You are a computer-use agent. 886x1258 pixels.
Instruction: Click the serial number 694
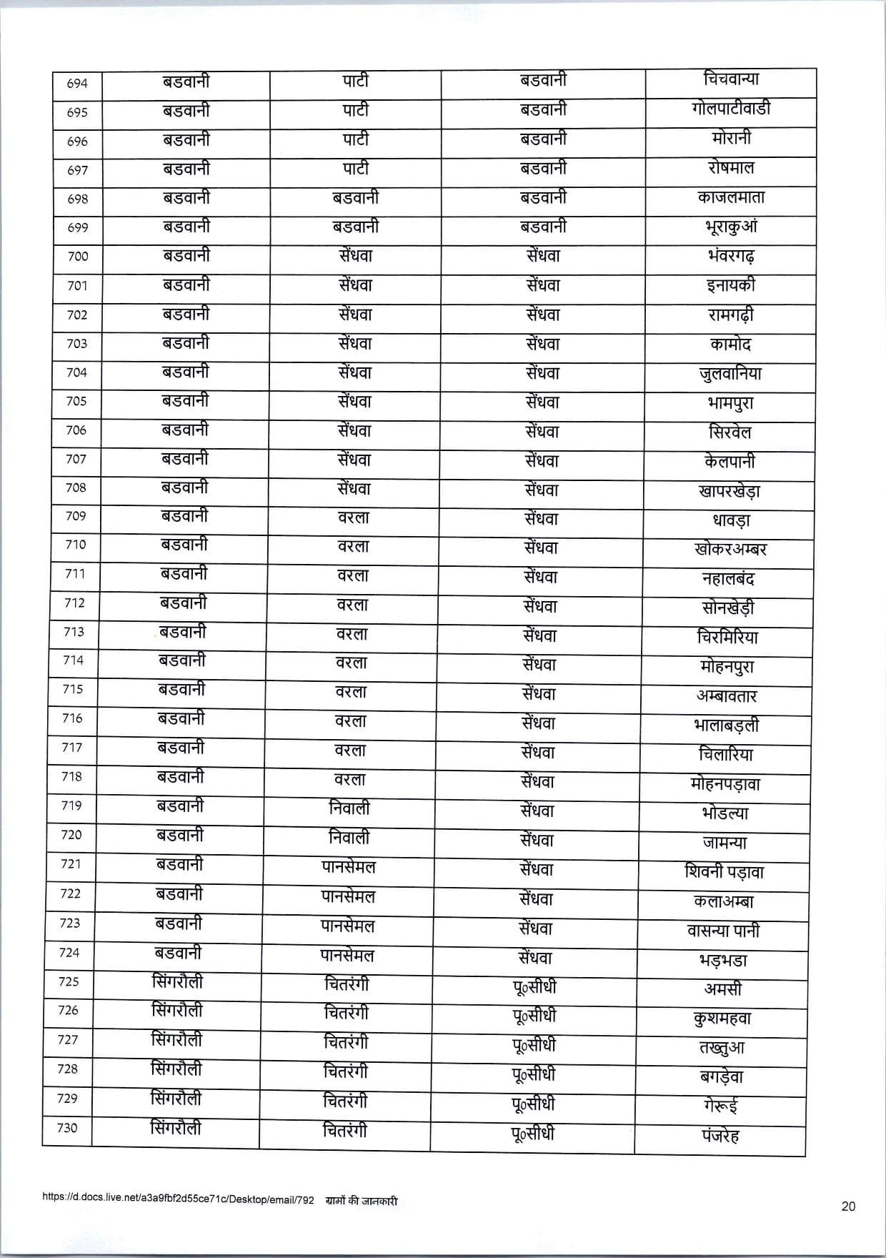[x=77, y=84]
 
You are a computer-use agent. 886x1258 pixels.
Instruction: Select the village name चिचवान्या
[x=730, y=80]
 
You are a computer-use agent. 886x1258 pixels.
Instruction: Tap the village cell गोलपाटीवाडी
[x=730, y=109]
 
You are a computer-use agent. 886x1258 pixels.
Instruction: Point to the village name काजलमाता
[x=730, y=197]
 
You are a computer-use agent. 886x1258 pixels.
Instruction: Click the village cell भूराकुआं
[x=730, y=227]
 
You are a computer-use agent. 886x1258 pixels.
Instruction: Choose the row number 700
[x=77, y=257]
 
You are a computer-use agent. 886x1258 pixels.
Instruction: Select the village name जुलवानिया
[x=730, y=373]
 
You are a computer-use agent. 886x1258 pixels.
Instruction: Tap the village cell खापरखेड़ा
[x=729, y=491]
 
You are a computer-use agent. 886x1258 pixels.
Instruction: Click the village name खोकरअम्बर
[x=730, y=550]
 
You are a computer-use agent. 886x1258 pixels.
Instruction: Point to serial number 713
[x=74, y=632]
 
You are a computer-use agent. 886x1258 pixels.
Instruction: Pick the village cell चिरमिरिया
[x=727, y=637]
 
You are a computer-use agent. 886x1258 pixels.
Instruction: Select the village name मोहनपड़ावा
[x=726, y=784]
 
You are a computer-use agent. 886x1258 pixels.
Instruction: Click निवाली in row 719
[x=349, y=808]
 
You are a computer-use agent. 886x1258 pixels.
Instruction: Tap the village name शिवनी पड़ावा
[x=725, y=872]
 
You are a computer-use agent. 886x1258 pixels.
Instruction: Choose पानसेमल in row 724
[x=347, y=956]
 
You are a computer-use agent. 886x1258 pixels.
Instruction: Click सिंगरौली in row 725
[x=177, y=982]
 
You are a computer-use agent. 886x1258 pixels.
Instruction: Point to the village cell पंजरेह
[x=720, y=1135]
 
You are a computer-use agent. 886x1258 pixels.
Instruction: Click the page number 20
[x=848, y=1207]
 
